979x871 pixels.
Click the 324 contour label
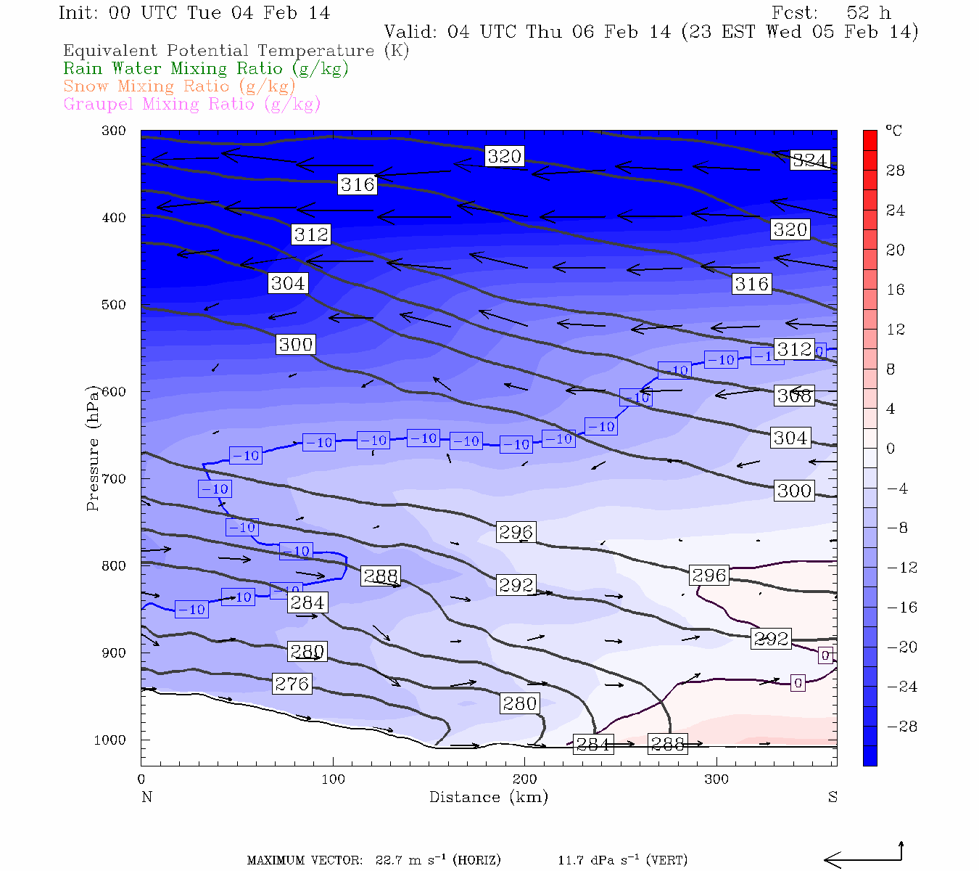point(809,160)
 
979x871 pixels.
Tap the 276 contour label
point(292,684)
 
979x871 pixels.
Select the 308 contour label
point(794,396)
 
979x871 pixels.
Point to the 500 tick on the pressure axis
point(114,305)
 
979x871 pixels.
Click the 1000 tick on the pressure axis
point(110,740)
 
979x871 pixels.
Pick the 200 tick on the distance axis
point(525,780)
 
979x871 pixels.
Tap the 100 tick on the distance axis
point(334,780)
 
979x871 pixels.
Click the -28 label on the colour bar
point(901,727)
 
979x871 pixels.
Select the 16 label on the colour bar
point(896,290)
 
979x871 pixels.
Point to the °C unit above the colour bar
point(893,131)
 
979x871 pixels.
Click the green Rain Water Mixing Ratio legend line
point(206,69)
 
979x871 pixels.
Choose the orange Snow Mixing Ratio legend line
point(179,86)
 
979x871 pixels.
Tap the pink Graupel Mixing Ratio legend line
point(191,105)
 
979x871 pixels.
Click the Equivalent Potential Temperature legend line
point(236,51)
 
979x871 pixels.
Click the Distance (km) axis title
point(488,798)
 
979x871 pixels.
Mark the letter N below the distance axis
point(146,798)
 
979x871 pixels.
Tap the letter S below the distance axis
point(833,798)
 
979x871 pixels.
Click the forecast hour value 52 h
point(868,13)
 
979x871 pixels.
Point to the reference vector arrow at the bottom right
point(862,859)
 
